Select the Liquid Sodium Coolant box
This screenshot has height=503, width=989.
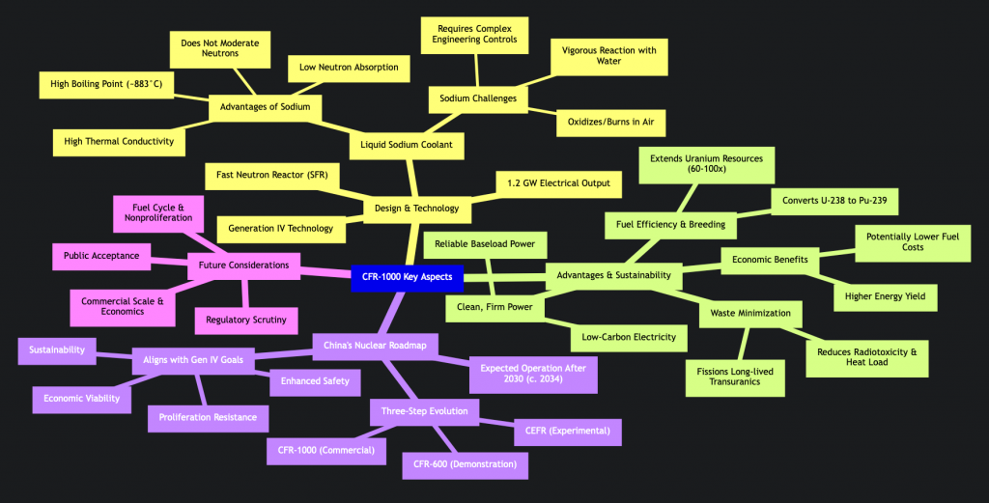408,146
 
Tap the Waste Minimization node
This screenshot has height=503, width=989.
750,313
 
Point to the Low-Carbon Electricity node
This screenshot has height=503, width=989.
629,337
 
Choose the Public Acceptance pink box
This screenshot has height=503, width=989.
100,257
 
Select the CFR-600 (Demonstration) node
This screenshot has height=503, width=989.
466,463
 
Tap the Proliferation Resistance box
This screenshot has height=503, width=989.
208,417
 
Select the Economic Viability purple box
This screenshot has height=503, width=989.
81,398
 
